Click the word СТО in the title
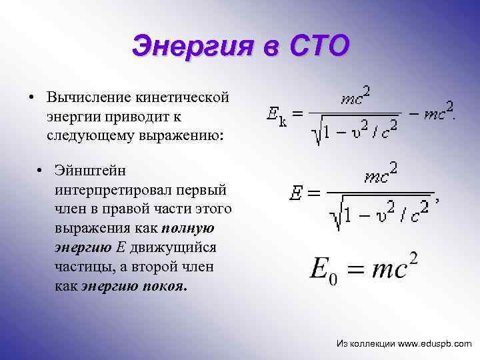pyautogui.click(x=319, y=47)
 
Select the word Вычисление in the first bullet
pyautogui.click(x=90, y=98)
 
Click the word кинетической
pyautogui.click(x=183, y=98)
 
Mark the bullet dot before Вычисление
pyautogui.click(x=31, y=99)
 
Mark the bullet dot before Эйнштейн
pyautogui.click(x=41, y=173)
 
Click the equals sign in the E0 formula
pyautogui.click(x=358, y=269)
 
